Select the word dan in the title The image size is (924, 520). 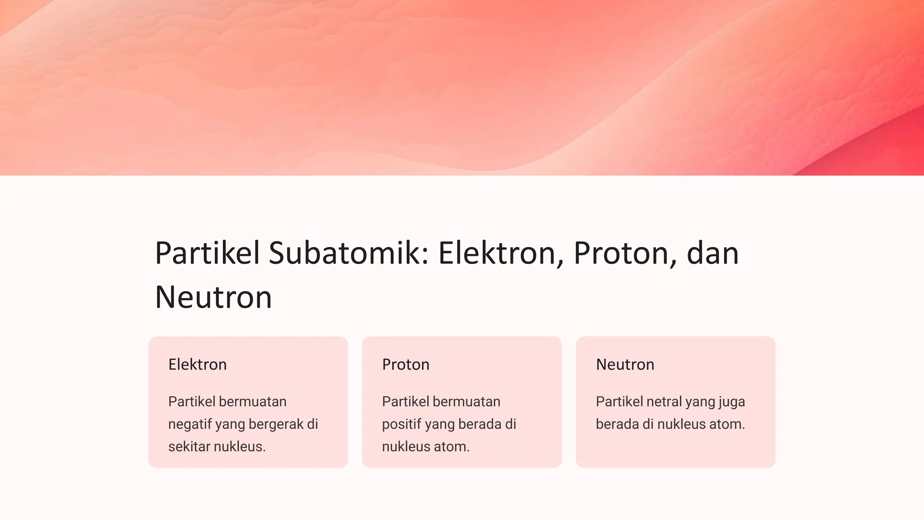click(x=712, y=253)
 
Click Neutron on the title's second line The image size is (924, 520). click(x=213, y=297)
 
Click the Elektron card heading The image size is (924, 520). click(x=198, y=364)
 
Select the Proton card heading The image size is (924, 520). click(x=406, y=364)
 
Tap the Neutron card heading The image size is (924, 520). click(x=625, y=364)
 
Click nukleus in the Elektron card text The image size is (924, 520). click(x=239, y=446)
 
